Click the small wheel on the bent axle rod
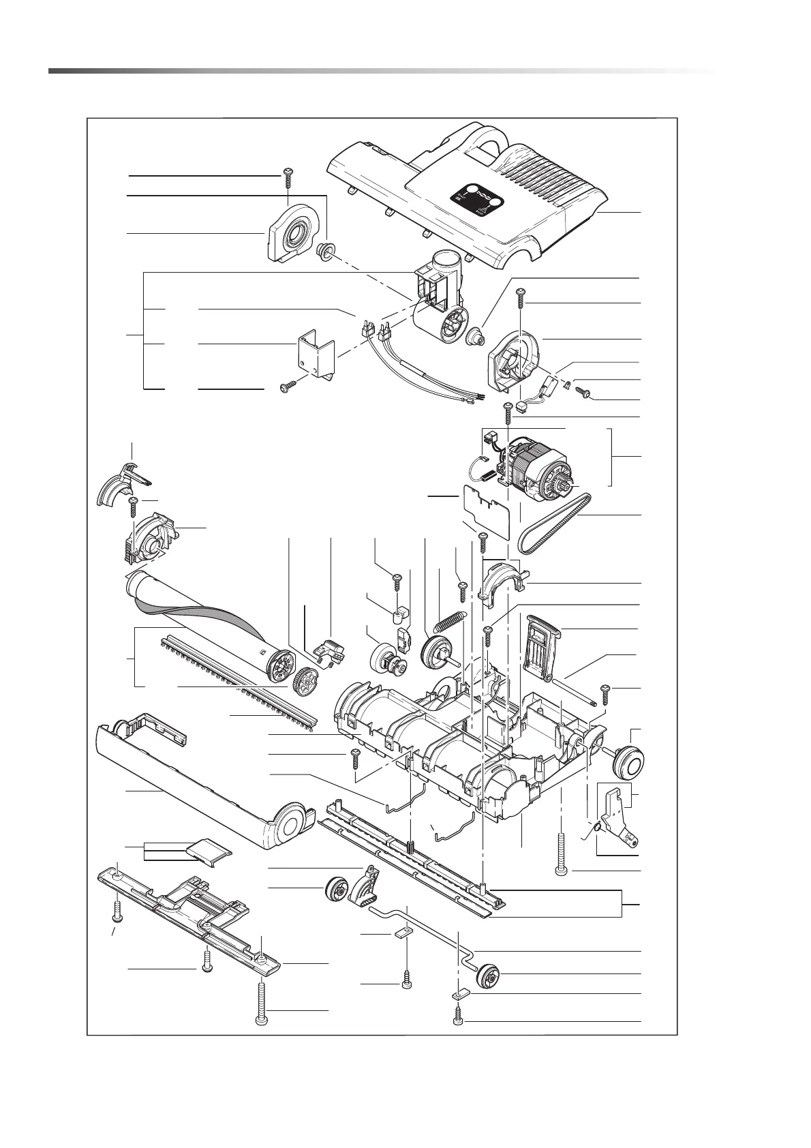[489, 976]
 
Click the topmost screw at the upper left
[286, 177]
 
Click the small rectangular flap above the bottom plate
[207, 852]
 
